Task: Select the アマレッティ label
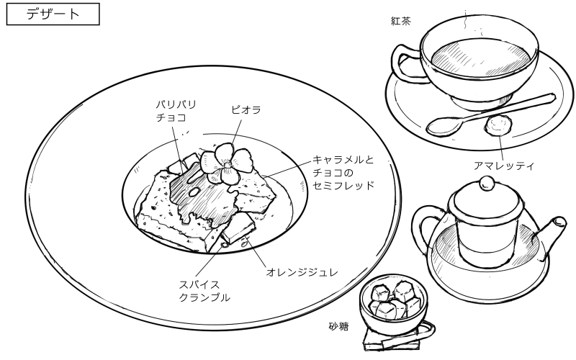[503, 166]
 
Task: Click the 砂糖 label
[338, 326]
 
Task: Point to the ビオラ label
[246, 110]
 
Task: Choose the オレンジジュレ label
[302, 272]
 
